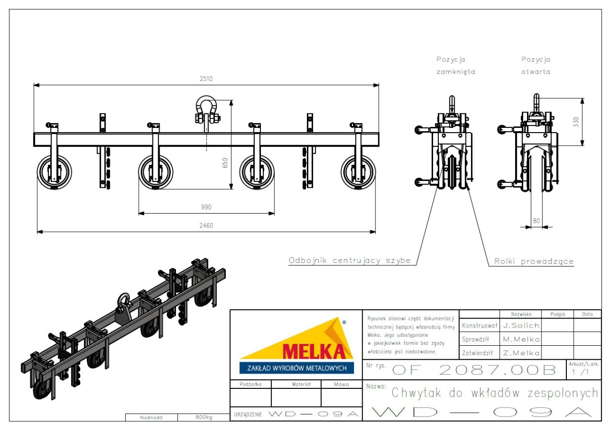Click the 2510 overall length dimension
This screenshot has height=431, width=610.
(x=206, y=79)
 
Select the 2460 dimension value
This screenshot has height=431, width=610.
(x=206, y=226)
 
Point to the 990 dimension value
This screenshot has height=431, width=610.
(x=206, y=207)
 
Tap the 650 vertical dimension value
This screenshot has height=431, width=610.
(x=225, y=163)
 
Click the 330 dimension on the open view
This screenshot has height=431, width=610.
(x=575, y=122)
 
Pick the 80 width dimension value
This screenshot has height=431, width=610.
(x=536, y=221)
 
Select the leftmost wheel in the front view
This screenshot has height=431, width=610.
(x=55, y=172)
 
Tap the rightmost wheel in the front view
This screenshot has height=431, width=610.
(x=358, y=172)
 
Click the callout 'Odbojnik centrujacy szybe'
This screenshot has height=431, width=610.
(x=350, y=261)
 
